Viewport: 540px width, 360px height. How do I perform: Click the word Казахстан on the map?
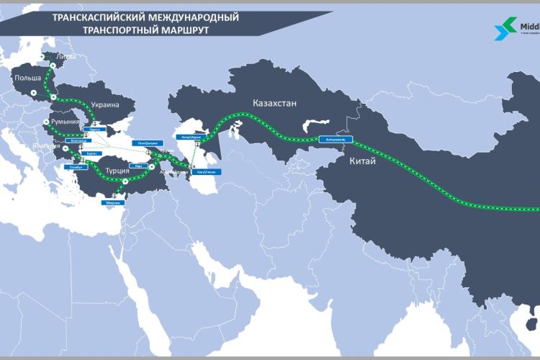pos(274,103)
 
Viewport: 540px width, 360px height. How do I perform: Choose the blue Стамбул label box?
pos(78,166)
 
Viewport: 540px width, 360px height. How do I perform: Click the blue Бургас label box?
pos(91,153)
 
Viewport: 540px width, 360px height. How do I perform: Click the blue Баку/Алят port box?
pos(207,171)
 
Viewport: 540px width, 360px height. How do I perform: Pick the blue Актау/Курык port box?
pos(191,135)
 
